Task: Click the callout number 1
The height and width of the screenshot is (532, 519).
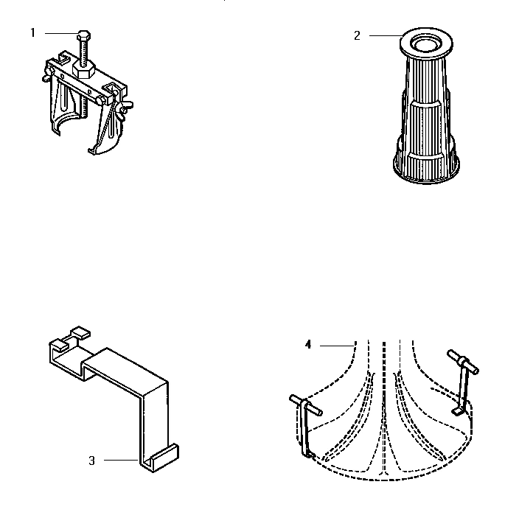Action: (x=32, y=32)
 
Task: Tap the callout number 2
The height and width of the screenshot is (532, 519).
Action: (x=357, y=35)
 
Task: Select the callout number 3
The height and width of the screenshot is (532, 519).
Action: (x=91, y=461)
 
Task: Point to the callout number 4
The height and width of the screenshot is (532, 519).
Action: (x=309, y=344)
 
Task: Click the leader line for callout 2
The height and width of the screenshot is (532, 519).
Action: (x=383, y=35)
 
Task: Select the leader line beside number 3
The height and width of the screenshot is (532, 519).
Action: (x=121, y=461)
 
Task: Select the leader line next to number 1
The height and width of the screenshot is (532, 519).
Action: (x=59, y=32)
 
